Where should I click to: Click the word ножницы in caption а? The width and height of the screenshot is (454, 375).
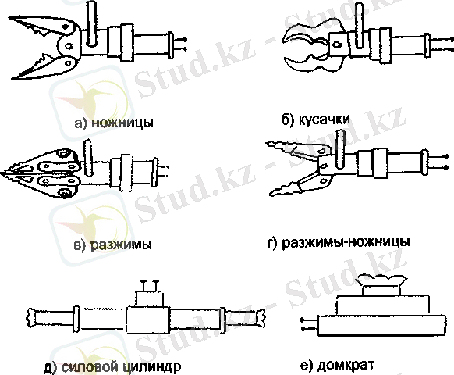tap(122, 123)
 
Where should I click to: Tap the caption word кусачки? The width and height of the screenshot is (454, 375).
tap(325, 120)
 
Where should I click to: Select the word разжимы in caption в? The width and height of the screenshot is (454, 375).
tap(121, 245)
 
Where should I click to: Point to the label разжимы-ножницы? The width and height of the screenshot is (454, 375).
tap(346, 242)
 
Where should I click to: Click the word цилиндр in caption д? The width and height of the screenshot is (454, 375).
tap(151, 366)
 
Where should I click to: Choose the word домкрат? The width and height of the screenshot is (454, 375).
tap(346, 364)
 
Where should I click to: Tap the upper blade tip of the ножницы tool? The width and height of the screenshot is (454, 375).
tap(9, 18)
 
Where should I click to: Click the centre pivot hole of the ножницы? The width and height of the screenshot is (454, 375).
tap(69, 45)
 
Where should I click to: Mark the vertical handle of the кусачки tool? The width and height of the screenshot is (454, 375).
tap(360, 25)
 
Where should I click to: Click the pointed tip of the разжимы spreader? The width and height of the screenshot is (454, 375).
tap(2, 174)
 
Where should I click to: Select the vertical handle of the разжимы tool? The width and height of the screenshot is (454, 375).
tap(87, 158)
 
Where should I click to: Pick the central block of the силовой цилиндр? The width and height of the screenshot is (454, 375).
tap(147, 320)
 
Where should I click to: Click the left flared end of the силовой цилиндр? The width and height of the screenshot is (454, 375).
tap(30, 317)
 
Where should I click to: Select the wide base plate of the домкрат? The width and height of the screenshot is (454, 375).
tap(382, 326)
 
